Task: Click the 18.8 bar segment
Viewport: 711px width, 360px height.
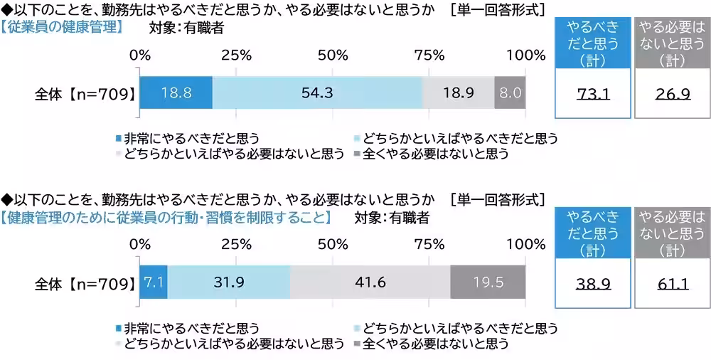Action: point(176,92)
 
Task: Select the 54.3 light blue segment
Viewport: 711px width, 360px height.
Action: point(317,92)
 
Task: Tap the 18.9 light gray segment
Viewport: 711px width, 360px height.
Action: point(458,92)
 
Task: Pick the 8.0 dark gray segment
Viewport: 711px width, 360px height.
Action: point(510,92)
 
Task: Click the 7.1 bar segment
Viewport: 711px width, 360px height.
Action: point(154,282)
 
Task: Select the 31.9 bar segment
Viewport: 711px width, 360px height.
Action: point(229,282)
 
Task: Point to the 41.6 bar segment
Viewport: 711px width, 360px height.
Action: point(370,282)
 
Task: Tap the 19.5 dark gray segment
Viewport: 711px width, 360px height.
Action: point(488,282)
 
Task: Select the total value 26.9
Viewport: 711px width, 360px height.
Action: point(671,93)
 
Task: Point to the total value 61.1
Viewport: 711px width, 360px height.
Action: point(671,283)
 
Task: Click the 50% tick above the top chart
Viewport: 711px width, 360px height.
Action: point(332,55)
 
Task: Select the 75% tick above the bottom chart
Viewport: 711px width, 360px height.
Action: point(429,243)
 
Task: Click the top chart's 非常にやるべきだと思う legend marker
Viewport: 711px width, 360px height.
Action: point(118,137)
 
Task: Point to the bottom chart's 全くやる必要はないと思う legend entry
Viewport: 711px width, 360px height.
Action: point(434,344)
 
